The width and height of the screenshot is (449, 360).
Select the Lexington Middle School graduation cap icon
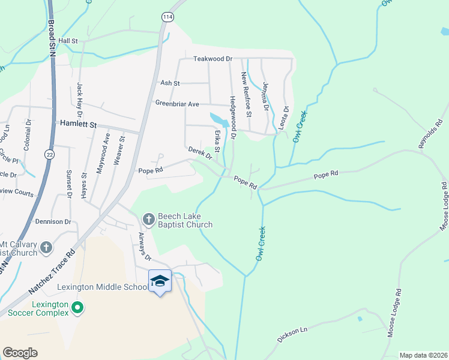[x=160, y=280]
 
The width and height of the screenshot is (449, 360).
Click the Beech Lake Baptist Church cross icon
[x=148, y=218]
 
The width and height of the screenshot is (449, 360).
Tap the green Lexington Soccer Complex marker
[x=77, y=308]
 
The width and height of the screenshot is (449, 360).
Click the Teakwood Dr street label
[x=212, y=59]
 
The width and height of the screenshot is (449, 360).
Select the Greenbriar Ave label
[x=177, y=104]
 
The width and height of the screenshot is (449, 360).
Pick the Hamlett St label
[x=79, y=124]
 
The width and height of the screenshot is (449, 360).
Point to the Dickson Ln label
[x=292, y=335]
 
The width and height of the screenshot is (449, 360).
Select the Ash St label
[x=169, y=83]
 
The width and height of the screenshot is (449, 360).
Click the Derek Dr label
[x=200, y=153]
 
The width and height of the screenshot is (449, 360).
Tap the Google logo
[x=20, y=353]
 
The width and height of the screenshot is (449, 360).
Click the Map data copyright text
[x=423, y=355]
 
